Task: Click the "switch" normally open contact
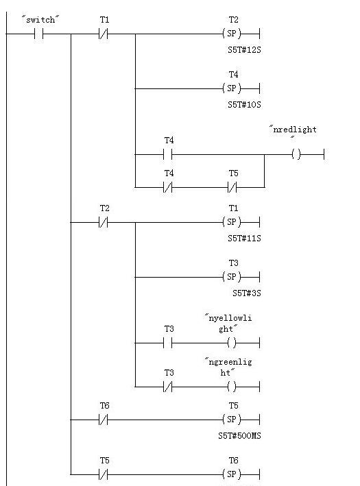coord(39,34)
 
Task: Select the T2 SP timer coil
coord(232,34)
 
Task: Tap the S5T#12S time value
coord(244,50)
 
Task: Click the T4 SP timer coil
coord(232,88)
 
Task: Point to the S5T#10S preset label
coord(244,105)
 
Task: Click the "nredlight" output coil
coord(296,154)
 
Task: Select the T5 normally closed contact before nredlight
coord(232,187)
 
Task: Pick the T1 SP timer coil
coord(232,222)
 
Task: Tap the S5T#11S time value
coord(244,239)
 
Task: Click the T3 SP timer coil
coord(232,277)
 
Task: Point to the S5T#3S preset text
coord(247,293)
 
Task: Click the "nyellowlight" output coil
coord(232,343)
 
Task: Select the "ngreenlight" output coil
coord(232,387)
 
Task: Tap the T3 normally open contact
coord(168,343)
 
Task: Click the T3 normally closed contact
coord(168,387)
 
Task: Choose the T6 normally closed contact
coord(104,420)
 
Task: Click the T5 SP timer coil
coord(232,420)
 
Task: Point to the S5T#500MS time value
coord(239,436)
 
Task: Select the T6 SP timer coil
coord(232,474)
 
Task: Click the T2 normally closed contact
coord(104,222)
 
